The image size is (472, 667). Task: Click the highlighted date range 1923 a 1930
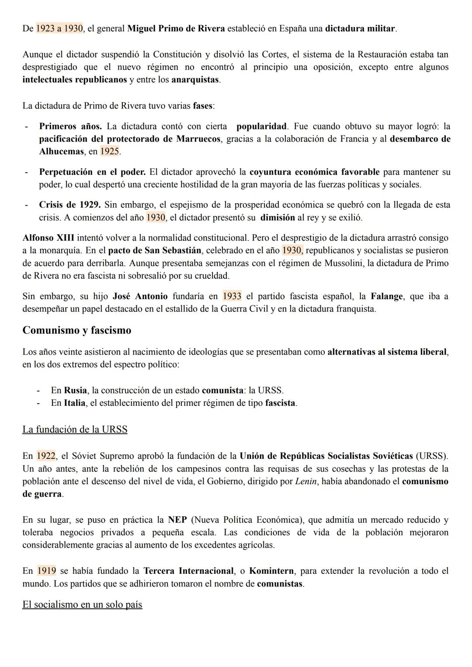pos(59,29)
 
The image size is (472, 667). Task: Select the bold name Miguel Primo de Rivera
pos(176,29)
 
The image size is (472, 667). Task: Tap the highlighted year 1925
pos(109,152)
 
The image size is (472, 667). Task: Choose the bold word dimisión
pos(278,218)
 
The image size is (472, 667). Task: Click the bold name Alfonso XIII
pos(48,238)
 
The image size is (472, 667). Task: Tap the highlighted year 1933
pos(232,297)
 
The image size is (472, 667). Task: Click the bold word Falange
pos(387,297)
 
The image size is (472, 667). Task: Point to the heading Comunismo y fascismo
pos(76,330)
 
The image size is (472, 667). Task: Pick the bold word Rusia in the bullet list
pos(75,390)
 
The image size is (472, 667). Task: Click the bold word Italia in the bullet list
pos(74,403)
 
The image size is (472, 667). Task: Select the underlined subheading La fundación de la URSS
pos(75,430)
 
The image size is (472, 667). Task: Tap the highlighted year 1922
pos(46,456)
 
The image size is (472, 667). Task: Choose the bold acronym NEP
pos(177,520)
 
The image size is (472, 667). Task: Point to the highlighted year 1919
pos(46,571)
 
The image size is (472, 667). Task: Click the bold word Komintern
pos(271,571)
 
